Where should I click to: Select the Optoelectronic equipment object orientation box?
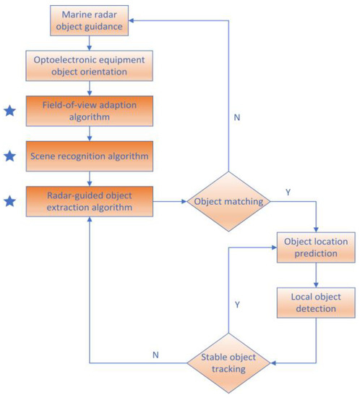88,66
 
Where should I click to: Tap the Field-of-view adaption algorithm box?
88,111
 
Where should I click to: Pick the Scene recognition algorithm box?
88,155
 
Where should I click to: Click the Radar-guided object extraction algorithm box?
88,200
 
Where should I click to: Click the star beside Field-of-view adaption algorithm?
10,111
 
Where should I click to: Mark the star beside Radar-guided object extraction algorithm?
10,200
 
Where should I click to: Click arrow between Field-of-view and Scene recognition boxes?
88,133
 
